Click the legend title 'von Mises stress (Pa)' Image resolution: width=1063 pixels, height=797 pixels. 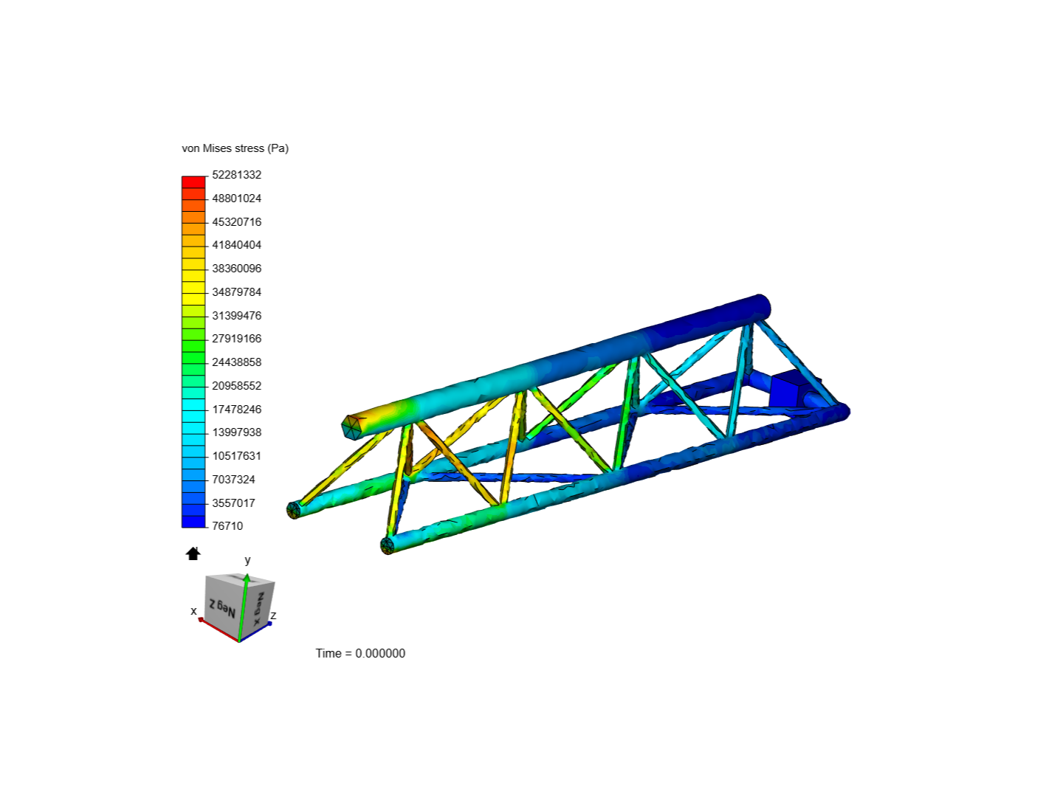click(235, 148)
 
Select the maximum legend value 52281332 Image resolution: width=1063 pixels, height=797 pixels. click(236, 175)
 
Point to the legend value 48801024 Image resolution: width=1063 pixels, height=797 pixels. click(236, 199)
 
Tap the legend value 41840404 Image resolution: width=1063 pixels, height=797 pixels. click(236, 245)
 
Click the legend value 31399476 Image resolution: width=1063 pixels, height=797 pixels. click(236, 316)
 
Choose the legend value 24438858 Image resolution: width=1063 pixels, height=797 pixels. click(236, 362)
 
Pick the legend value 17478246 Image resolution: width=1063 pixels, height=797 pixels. click(236, 410)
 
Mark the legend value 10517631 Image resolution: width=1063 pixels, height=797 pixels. click(236, 456)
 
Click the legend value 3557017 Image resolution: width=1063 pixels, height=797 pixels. click(233, 503)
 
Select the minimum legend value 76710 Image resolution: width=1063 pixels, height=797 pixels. click(227, 526)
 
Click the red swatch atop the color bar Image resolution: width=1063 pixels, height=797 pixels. click(193, 182)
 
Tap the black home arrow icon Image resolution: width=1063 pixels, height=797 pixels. click(193, 553)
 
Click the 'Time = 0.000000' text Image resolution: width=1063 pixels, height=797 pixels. click(360, 653)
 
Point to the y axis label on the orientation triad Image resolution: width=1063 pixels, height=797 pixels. click(248, 560)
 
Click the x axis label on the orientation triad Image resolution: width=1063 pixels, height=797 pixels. click(193, 611)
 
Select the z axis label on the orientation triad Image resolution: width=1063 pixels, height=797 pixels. click(273, 615)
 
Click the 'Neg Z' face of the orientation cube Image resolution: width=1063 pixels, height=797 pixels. click(221, 607)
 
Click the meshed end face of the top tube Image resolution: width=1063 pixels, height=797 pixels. click(352, 427)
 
